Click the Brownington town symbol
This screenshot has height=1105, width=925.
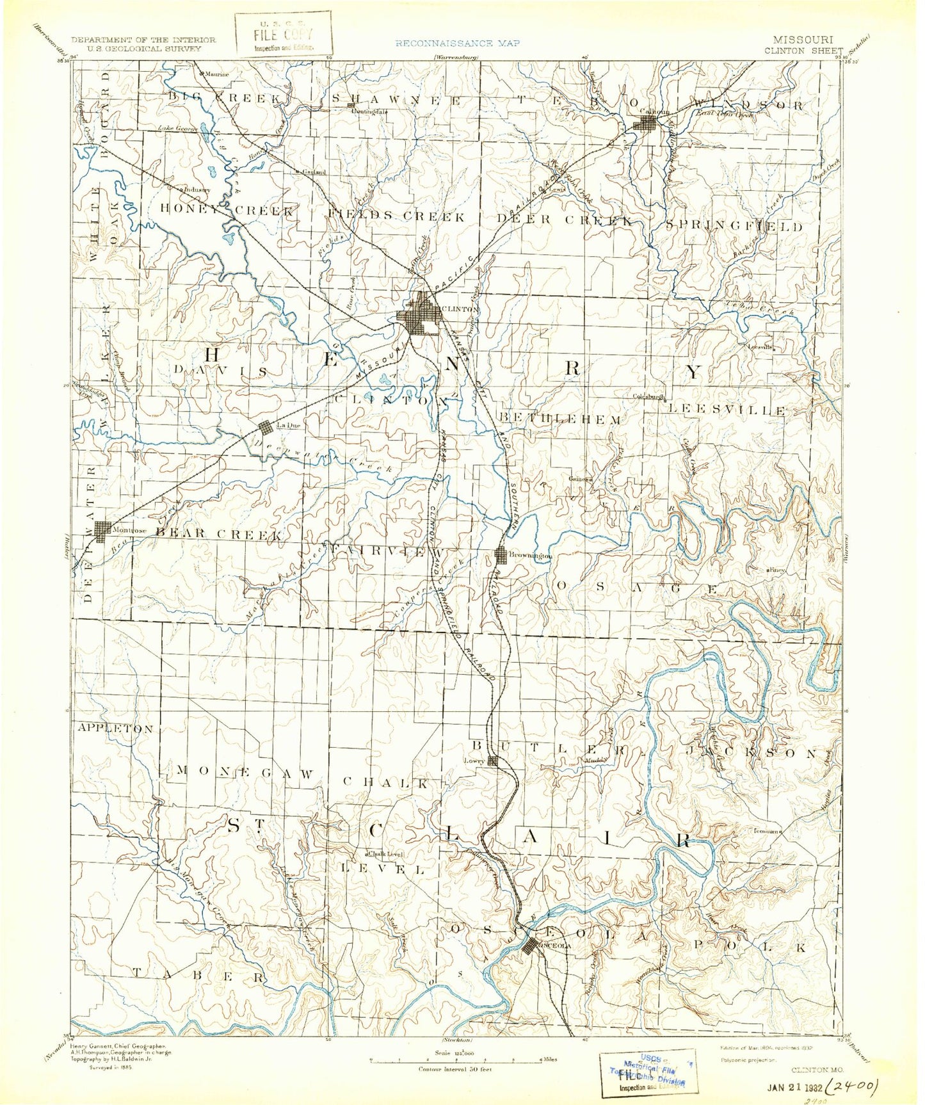click(501, 556)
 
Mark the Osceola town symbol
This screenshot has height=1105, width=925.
click(529, 946)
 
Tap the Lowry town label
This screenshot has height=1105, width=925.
click(473, 761)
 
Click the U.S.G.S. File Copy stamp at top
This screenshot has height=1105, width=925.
click(284, 35)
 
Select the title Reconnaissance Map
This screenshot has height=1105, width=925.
click(457, 44)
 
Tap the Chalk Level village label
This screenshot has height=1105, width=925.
click(385, 853)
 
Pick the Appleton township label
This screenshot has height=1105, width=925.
click(115, 729)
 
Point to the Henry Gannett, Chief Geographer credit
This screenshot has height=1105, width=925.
click(119, 1045)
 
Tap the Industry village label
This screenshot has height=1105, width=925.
click(197, 190)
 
